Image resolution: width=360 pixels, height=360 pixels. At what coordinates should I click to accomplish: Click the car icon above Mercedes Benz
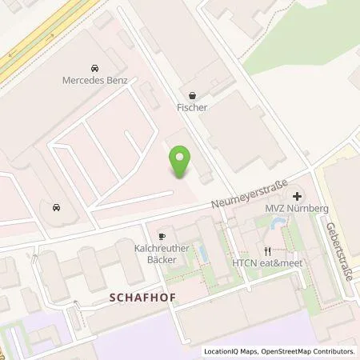95,68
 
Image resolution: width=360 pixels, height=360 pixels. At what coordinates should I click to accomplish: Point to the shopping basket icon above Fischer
192,93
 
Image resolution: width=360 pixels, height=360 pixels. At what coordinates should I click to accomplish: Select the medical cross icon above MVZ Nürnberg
297,195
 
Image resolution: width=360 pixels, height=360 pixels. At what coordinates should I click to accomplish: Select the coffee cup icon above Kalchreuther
161,237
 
